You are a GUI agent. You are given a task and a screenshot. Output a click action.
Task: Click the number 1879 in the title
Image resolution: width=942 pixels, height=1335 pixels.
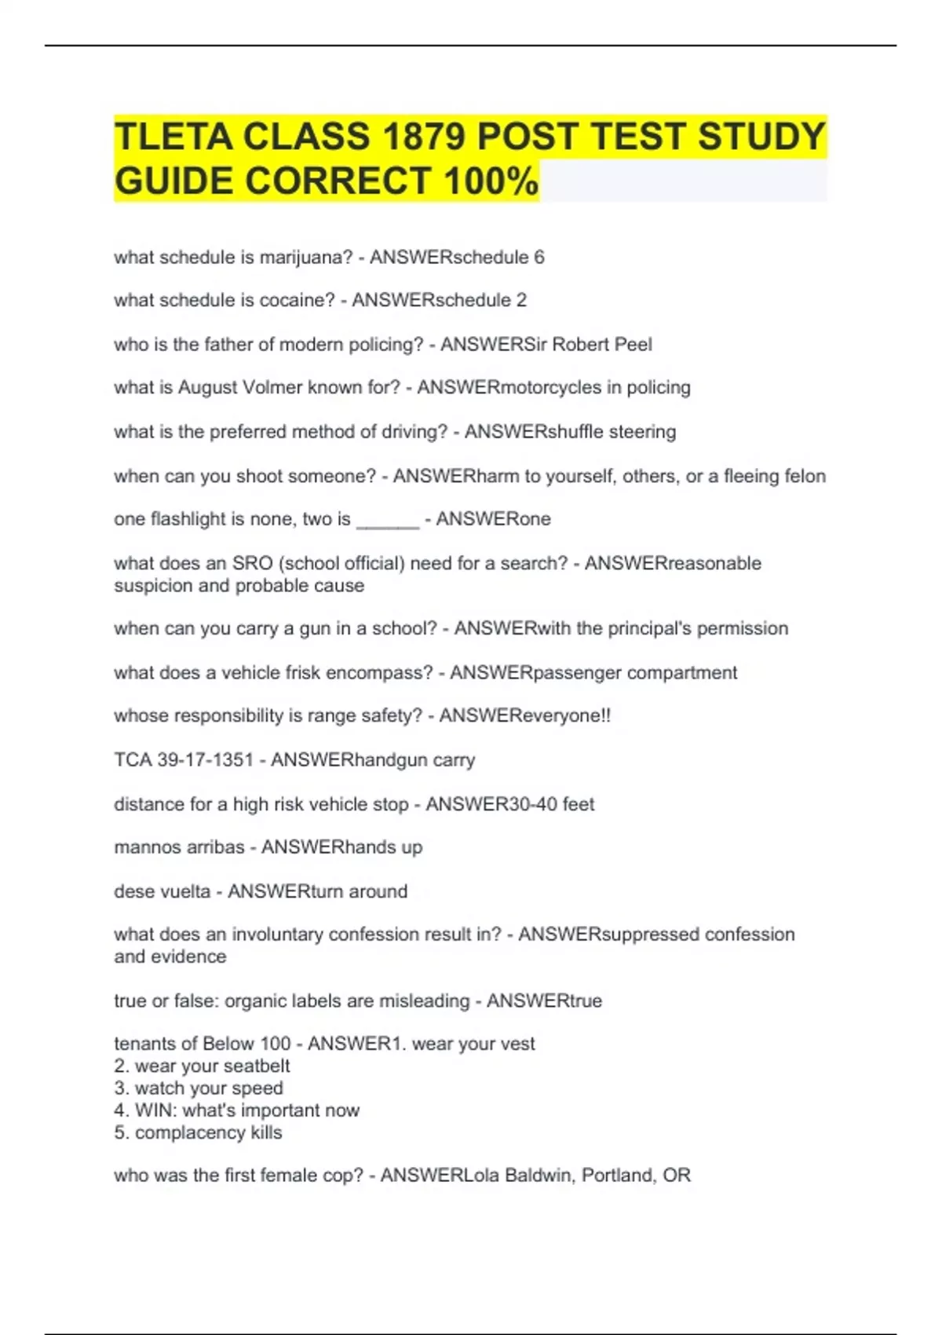tap(424, 137)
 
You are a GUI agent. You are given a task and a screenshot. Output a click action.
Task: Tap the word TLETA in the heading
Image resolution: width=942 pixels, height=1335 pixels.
tap(173, 137)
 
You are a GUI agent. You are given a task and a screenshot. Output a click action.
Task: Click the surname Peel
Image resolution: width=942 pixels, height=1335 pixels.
tap(633, 344)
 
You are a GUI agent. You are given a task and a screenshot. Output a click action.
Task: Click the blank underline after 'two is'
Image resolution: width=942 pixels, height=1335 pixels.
tap(388, 521)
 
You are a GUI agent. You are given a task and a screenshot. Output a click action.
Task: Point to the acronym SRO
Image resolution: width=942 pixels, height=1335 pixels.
tap(252, 563)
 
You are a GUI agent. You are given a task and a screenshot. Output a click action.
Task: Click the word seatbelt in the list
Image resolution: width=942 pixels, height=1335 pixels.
tap(250, 1066)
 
